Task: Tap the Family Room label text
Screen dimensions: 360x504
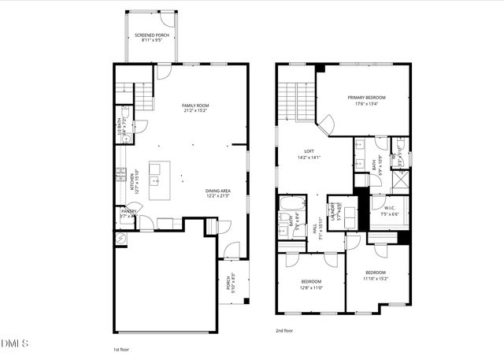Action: coord(195,106)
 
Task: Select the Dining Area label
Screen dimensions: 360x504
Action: coord(217,191)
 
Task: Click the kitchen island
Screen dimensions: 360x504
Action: coord(159,173)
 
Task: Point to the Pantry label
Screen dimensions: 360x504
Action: coord(128,211)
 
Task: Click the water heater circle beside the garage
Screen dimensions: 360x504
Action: coord(120,238)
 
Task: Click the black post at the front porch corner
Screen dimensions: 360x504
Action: coord(246,300)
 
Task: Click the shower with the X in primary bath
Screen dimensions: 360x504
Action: coord(400,179)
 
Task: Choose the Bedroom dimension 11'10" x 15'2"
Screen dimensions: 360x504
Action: coord(376,278)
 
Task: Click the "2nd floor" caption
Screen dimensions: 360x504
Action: coord(285,332)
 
